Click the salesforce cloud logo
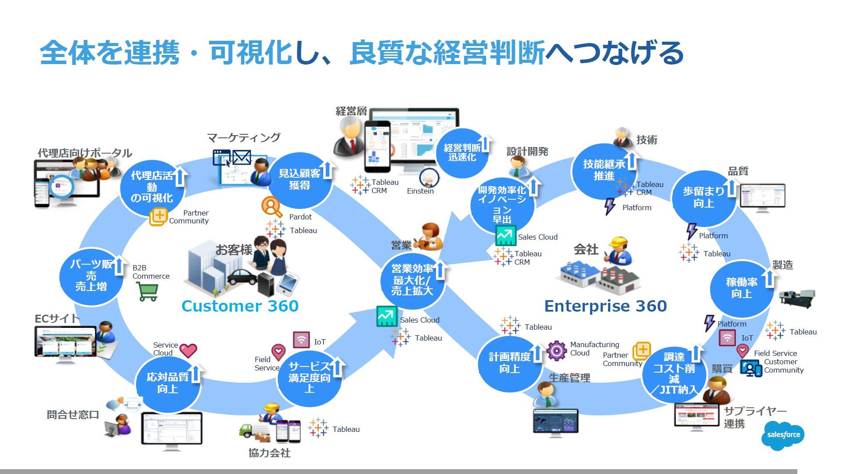tap(783, 435)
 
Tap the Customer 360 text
tap(240, 306)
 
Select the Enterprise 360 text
tap(605, 306)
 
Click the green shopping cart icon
tap(147, 291)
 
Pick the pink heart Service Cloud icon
tap(188, 350)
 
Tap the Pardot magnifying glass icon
tap(272, 206)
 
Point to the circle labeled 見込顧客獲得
tap(299, 180)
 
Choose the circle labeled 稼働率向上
tap(742, 288)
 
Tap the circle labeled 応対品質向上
tap(168, 383)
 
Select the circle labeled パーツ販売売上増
tap(91, 276)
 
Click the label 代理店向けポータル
tap(85, 153)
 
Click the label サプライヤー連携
tap(754, 417)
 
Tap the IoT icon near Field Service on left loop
tap(301, 340)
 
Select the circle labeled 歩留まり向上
tap(703, 198)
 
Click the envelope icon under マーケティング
tap(241, 157)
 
